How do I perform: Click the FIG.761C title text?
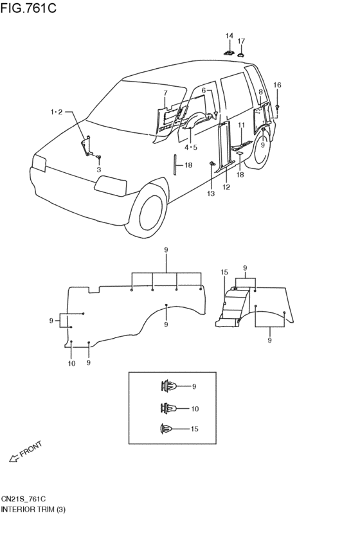click(28, 7)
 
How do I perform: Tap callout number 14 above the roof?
click(229, 35)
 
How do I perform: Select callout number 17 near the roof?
click(241, 41)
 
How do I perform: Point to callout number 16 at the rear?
click(277, 85)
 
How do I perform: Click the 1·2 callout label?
click(56, 112)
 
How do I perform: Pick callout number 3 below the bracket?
click(99, 170)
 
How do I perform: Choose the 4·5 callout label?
click(191, 147)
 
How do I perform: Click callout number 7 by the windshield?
click(165, 93)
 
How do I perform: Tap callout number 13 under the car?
click(211, 193)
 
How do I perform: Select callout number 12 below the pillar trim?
click(226, 187)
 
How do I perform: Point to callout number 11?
click(242, 125)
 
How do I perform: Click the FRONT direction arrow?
click(14, 459)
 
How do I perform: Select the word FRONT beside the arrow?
click(32, 449)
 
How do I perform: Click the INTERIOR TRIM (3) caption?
click(33, 510)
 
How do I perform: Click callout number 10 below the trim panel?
click(71, 364)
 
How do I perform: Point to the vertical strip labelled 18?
click(175, 165)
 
